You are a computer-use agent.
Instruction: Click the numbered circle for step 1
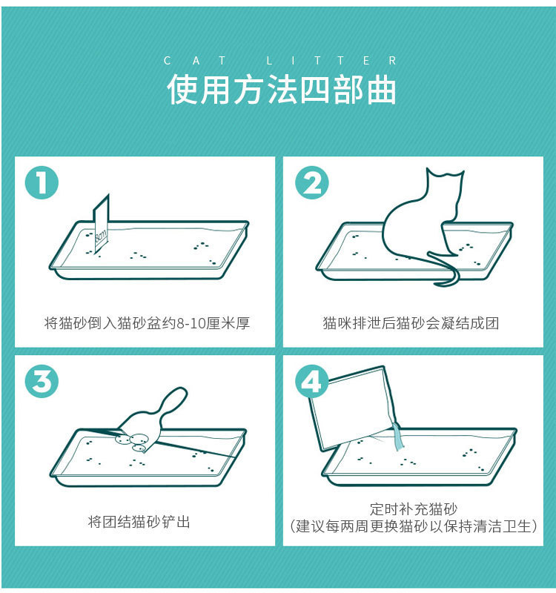click(x=42, y=182)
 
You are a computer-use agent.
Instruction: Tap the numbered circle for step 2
click(x=311, y=182)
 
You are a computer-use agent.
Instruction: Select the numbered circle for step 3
click(x=42, y=381)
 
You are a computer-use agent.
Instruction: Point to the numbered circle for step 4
click(x=311, y=381)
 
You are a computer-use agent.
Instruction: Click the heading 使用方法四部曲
click(x=282, y=90)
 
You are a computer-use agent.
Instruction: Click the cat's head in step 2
click(x=444, y=185)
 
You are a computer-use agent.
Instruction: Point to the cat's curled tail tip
click(x=439, y=283)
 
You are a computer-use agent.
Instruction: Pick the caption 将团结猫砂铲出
click(x=139, y=522)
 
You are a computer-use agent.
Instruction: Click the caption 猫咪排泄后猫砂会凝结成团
click(x=411, y=323)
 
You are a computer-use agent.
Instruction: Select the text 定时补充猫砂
click(x=414, y=508)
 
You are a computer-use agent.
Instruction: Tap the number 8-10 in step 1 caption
click(x=191, y=324)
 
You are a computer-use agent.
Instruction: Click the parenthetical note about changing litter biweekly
click(x=414, y=526)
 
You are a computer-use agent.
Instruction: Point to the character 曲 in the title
click(x=381, y=90)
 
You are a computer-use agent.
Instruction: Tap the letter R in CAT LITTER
click(x=393, y=61)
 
